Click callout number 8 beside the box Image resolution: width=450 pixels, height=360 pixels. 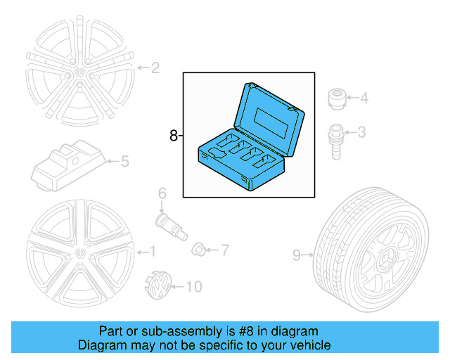coord(174,136)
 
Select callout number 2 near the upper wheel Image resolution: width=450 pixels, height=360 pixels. coord(155,68)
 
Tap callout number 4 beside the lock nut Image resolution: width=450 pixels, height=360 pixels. coord(364,98)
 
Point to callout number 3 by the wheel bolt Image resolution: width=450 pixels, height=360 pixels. coord(362,132)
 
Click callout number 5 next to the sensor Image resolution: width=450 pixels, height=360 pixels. coord(124,162)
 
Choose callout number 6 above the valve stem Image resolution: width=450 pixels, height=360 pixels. coord(162,193)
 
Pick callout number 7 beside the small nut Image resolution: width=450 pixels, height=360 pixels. coord(225,249)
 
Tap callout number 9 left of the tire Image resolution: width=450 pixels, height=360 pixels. coord(296,255)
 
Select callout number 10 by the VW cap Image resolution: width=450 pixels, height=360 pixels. coord(194,286)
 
